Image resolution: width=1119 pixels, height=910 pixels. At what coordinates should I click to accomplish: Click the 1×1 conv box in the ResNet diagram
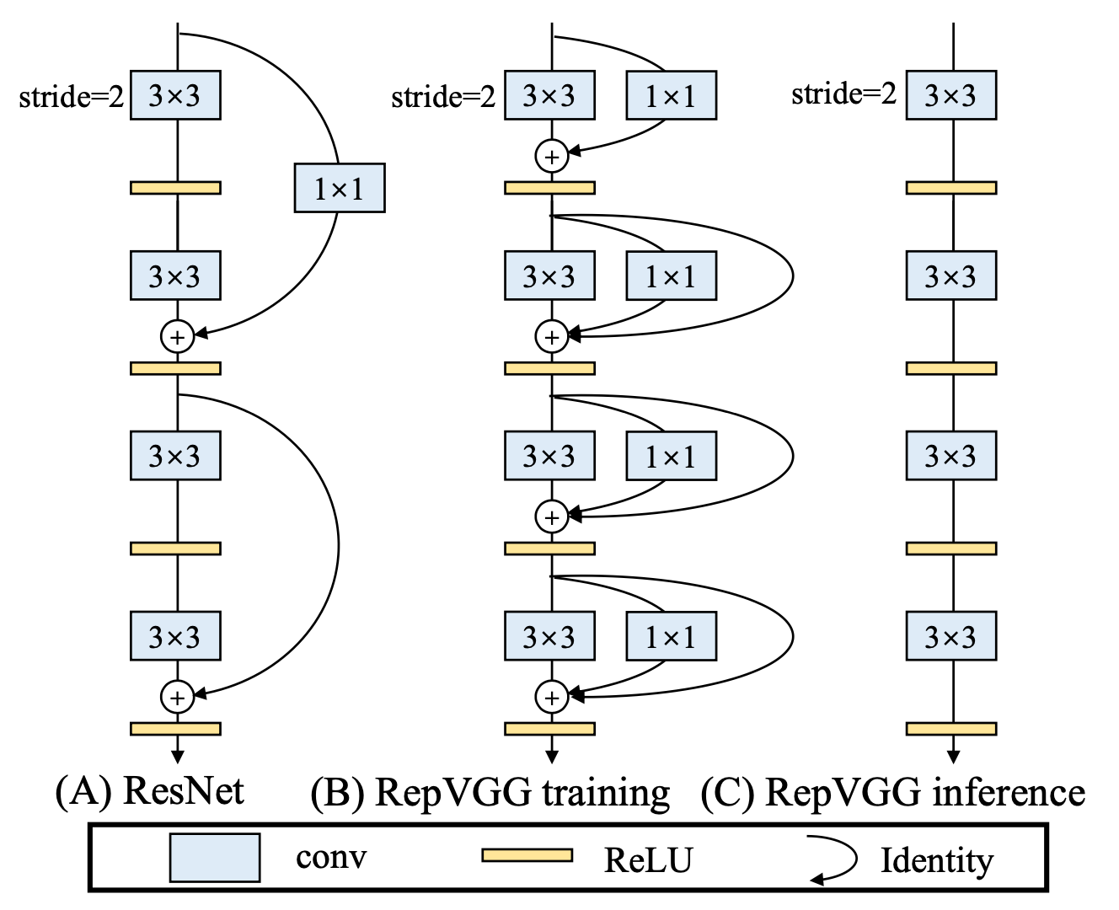pyautogui.click(x=340, y=188)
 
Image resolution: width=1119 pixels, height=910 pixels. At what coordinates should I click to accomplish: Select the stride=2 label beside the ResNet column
pyautogui.click(x=72, y=97)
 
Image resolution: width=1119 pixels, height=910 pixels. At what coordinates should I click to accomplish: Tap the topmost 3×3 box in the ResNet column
pyautogui.click(x=175, y=95)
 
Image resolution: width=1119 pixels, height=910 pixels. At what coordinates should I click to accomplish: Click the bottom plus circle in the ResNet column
pyautogui.click(x=178, y=697)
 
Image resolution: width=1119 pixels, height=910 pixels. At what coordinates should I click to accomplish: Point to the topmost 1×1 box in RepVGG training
pyautogui.click(x=672, y=95)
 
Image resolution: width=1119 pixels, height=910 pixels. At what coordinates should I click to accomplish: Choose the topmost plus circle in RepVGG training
pyautogui.click(x=552, y=156)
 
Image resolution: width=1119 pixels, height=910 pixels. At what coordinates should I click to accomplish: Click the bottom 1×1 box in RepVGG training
pyautogui.click(x=672, y=636)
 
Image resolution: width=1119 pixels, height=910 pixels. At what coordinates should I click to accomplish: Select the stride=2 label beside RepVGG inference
pyautogui.click(x=843, y=94)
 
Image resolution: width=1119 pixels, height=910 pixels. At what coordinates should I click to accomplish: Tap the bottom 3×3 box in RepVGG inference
pyautogui.click(x=951, y=636)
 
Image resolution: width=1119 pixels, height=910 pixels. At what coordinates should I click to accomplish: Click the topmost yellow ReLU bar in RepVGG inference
pyautogui.click(x=951, y=188)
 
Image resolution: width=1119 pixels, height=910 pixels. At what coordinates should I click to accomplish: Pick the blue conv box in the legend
pyautogui.click(x=215, y=858)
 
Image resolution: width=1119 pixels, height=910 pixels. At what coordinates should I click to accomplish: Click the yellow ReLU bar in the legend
pyautogui.click(x=527, y=855)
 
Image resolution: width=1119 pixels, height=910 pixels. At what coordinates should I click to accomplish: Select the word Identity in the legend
pyautogui.click(x=937, y=860)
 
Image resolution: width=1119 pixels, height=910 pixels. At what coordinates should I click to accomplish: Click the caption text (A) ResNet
pyautogui.click(x=150, y=790)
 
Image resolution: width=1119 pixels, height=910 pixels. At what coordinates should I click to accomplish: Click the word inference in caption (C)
pyautogui.click(x=1009, y=792)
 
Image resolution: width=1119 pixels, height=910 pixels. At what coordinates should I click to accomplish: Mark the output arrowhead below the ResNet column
pyautogui.click(x=178, y=757)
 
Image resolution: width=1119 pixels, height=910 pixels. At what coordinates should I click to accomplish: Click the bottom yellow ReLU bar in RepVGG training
pyautogui.click(x=550, y=729)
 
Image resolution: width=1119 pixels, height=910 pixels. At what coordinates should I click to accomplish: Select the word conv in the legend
pyautogui.click(x=331, y=858)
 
